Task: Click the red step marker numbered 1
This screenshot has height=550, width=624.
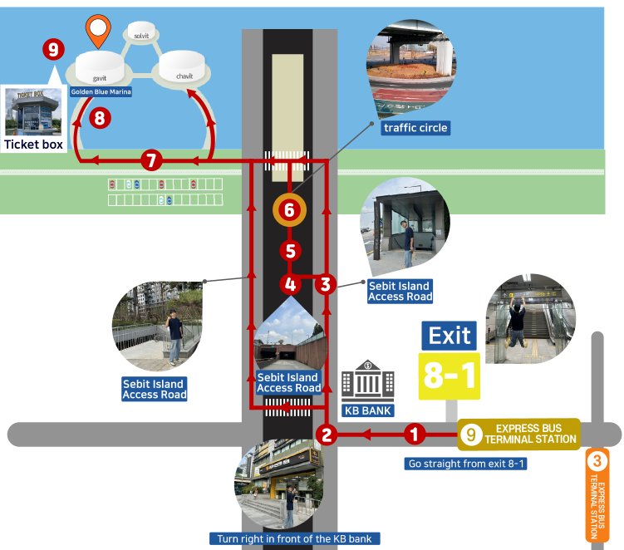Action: point(416,433)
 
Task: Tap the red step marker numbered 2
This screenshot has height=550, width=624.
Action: point(327,433)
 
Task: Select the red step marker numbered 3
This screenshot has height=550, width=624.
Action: point(325,284)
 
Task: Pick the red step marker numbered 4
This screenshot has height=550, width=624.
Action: point(290,284)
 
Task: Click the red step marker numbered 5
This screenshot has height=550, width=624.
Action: point(290,249)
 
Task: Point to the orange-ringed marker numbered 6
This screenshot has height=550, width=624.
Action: point(289,210)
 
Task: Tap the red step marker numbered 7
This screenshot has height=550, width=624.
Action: point(150,160)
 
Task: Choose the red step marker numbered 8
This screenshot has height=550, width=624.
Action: point(100,118)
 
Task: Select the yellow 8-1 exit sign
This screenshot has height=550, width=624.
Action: point(450,376)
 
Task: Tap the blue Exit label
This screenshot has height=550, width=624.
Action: point(450,336)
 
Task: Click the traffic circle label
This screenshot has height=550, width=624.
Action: point(415,128)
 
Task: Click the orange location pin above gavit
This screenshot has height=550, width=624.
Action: point(98,31)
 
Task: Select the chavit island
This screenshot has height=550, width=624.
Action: point(183,66)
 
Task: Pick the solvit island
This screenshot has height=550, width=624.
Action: point(141,33)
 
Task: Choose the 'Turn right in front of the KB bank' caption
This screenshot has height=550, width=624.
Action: point(296,538)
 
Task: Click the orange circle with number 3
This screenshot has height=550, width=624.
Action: point(597,459)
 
